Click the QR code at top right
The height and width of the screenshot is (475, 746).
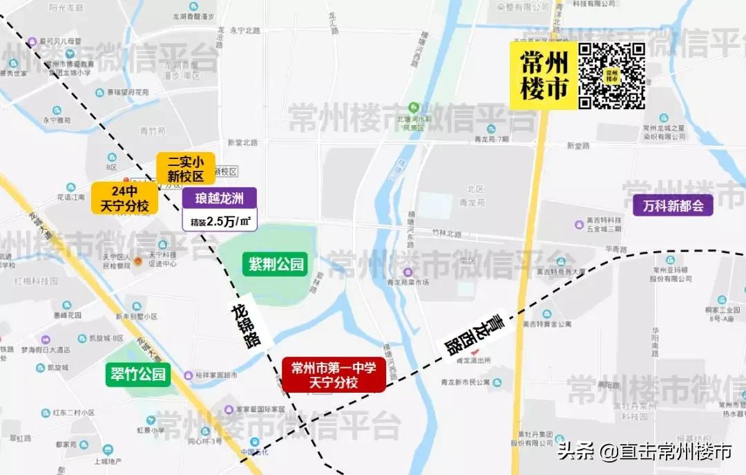pyautogui.click(x=611, y=75)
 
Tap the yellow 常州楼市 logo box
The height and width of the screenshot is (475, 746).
pyautogui.click(x=544, y=75)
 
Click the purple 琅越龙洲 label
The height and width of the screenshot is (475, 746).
pyautogui.click(x=220, y=199)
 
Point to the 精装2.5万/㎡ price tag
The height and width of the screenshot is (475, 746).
pyautogui.click(x=220, y=221)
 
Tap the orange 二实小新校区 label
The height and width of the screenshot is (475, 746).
pyautogui.click(x=186, y=168)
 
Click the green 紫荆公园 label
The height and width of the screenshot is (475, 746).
pyautogui.click(x=274, y=264)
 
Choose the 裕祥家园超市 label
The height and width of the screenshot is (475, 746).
pyautogui.click(x=216, y=375)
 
